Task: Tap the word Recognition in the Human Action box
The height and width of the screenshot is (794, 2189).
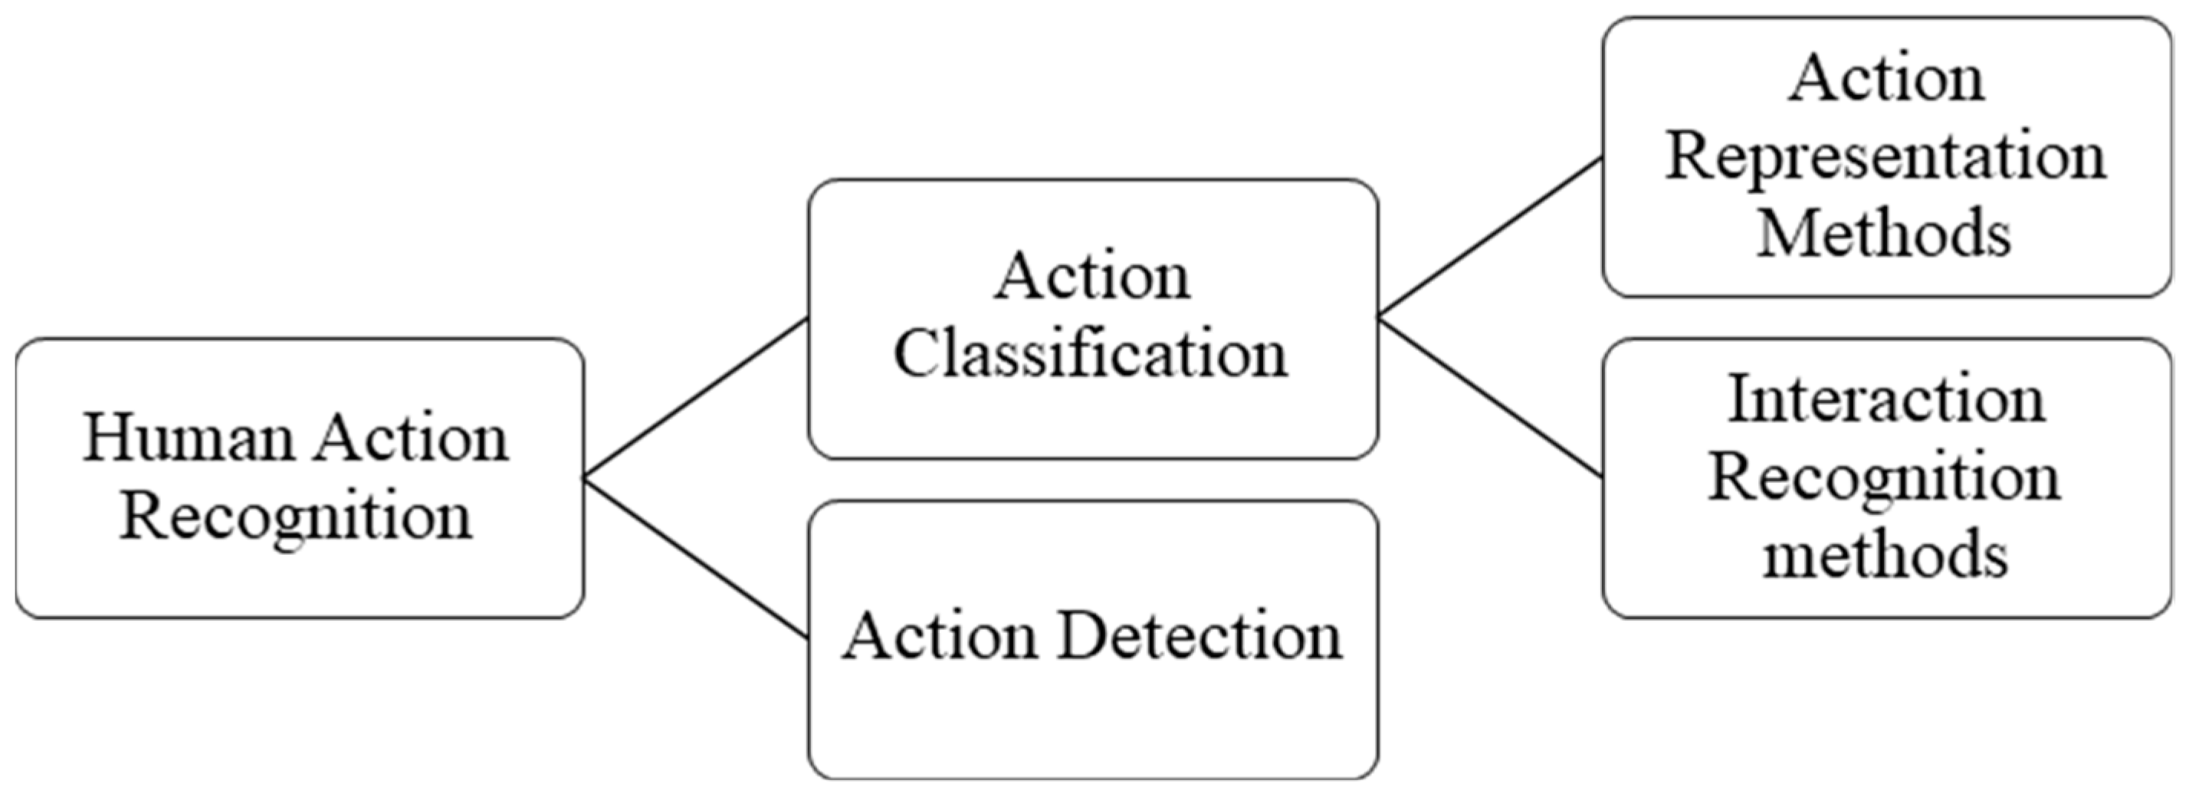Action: click(296, 517)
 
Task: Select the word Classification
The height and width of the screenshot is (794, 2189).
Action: click(1091, 356)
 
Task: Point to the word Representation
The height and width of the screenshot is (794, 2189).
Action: click(1885, 158)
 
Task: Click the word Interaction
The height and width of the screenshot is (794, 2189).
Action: click(1886, 399)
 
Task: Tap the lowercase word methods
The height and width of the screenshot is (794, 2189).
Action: click(1885, 555)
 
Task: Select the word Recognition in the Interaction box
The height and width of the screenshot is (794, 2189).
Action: click(1884, 477)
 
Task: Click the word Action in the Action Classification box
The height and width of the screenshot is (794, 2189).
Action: click(1093, 277)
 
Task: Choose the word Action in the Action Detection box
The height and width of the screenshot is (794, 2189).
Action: click(939, 636)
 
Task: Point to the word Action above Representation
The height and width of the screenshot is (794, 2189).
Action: click(1886, 79)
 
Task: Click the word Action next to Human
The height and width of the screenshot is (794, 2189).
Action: click(412, 438)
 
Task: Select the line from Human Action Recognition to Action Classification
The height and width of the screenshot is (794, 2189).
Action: click(695, 398)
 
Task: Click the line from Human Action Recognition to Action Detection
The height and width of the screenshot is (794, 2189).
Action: click(695, 558)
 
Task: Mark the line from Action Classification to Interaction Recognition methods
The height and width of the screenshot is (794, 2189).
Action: click(1490, 397)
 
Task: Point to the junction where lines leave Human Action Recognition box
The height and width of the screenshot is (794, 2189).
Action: click(585, 477)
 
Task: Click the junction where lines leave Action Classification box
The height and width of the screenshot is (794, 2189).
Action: click(1378, 318)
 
